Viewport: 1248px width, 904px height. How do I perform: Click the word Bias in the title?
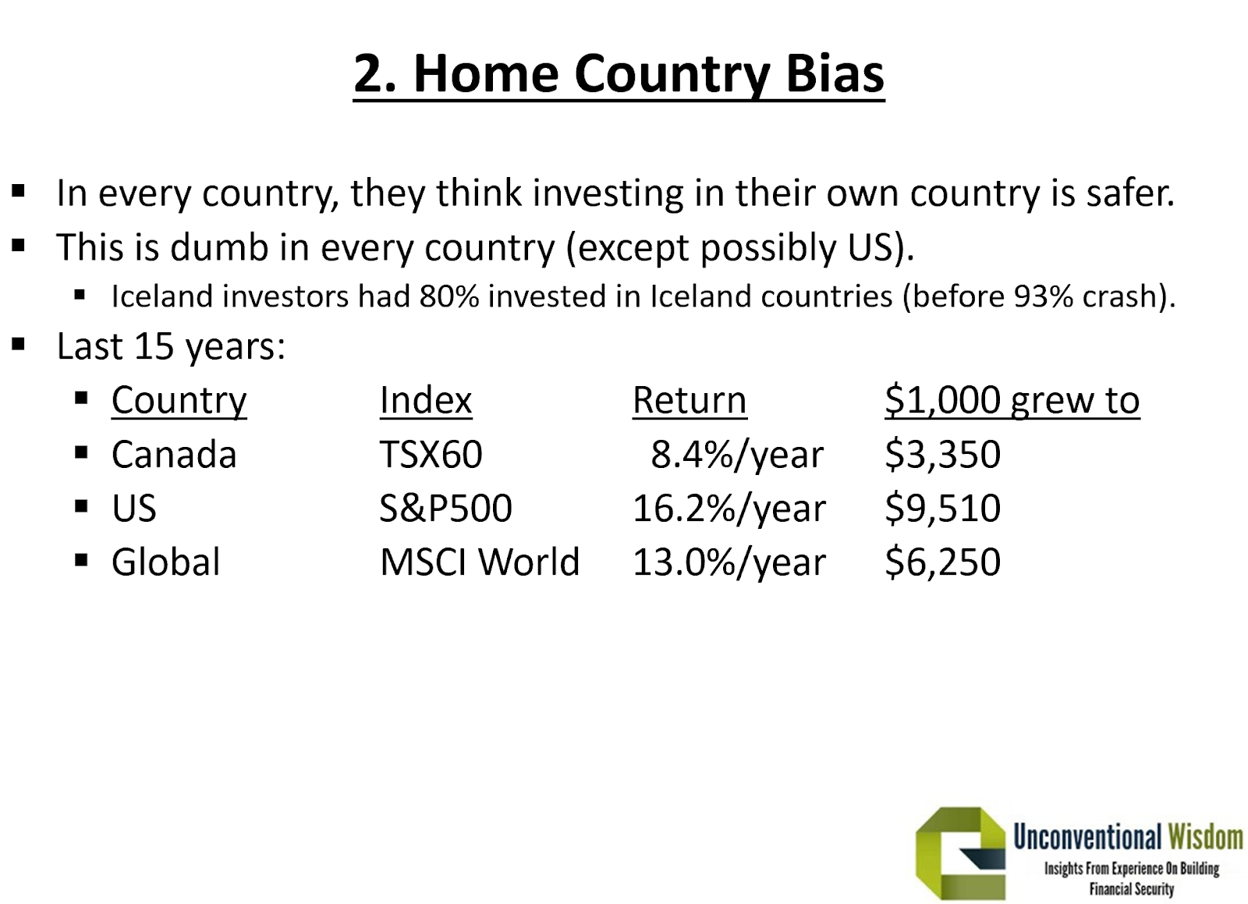pos(835,73)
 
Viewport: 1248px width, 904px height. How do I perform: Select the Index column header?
pos(426,400)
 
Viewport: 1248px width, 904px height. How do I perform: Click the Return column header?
pos(690,400)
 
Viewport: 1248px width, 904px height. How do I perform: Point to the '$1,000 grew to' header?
pos(1012,401)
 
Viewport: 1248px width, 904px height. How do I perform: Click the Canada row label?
pos(175,454)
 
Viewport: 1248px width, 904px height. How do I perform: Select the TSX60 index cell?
pos(431,454)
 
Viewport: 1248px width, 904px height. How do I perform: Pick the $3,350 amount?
pos(943,454)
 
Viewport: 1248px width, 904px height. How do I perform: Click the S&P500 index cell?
pos(445,508)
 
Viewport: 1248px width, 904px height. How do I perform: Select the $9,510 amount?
pos(943,508)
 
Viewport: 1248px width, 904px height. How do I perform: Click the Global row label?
pos(166,562)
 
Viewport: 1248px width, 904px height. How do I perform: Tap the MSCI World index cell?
pos(480,562)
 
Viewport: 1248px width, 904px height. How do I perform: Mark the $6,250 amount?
pos(943,562)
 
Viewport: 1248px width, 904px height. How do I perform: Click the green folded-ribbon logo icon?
pos(960,853)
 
